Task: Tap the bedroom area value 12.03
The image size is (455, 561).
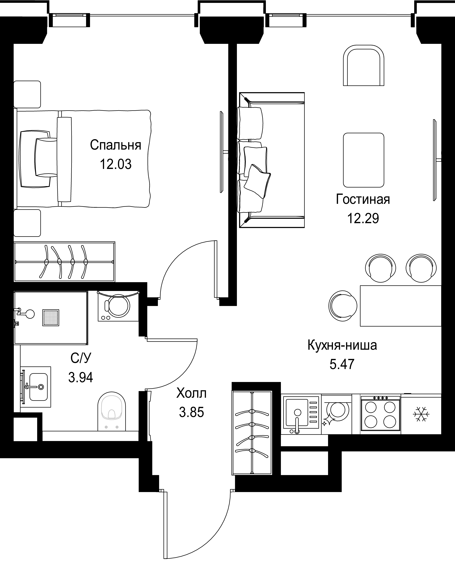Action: tap(116, 164)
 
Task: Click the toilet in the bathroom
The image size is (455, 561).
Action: tap(112, 411)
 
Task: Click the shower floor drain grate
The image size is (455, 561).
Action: tap(51, 318)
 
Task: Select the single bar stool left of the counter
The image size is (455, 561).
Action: tap(343, 306)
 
